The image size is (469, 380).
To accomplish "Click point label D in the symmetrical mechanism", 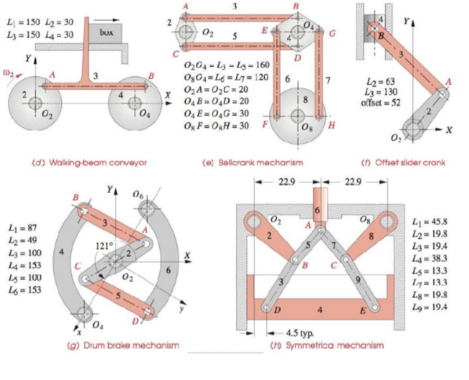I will [276, 310].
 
